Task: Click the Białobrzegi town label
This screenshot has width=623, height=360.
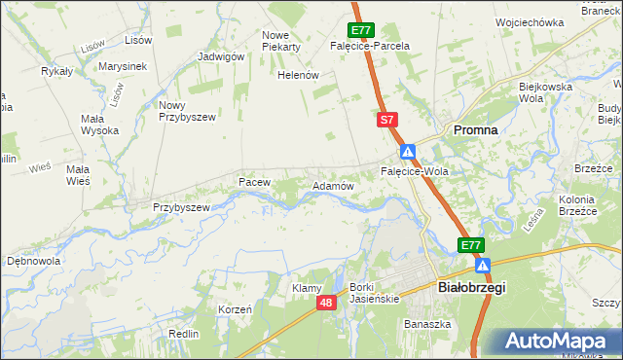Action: tap(460, 288)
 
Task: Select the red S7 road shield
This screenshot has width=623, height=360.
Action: tap(387, 120)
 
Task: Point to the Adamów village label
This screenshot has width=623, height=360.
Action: tap(332, 185)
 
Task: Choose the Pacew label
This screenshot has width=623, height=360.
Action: tap(254, 182)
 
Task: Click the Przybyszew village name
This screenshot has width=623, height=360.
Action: tap(182, 207)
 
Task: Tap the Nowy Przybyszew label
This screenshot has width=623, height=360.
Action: tap(185, 111)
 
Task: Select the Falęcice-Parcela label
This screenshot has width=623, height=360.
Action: tap(370, 46)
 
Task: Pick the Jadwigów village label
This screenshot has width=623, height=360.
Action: tap(220, 56)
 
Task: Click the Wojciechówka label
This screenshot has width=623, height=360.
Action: tap(530, 22)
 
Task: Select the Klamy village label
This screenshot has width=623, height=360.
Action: tap(307, 288)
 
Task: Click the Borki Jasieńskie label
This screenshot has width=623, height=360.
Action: tap(375, 293)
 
